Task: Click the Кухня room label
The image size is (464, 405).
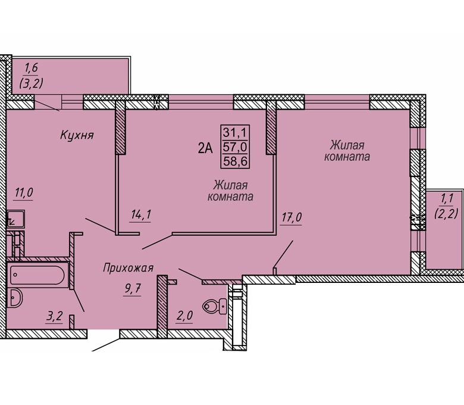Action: click(77, 135)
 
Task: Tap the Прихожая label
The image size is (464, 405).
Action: click(128, 268)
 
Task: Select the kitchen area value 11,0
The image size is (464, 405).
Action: click(24, 193)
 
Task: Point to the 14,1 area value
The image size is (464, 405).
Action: click(140, 214)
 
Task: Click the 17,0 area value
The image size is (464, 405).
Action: click(291, 217)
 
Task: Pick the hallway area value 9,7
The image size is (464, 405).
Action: click(132, 288)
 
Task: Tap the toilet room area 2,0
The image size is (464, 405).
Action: click(184, 316)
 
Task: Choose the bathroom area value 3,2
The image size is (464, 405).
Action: click(55, 316)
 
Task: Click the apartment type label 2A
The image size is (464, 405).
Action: click(205, 148)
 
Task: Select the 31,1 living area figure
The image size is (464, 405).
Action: click(235, 132)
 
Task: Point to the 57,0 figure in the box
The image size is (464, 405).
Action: click(235, 147)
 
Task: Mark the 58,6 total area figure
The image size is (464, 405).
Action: click(235, 161)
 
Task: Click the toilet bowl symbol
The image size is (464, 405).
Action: click(215, 306)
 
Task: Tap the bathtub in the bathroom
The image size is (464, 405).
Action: click(37, 275)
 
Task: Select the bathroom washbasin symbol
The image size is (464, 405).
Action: click(15, 297)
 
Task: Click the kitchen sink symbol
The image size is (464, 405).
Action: click(15, 220)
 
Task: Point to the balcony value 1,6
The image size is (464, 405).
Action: click(31, 68)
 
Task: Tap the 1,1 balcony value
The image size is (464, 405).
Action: click(446, 199)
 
